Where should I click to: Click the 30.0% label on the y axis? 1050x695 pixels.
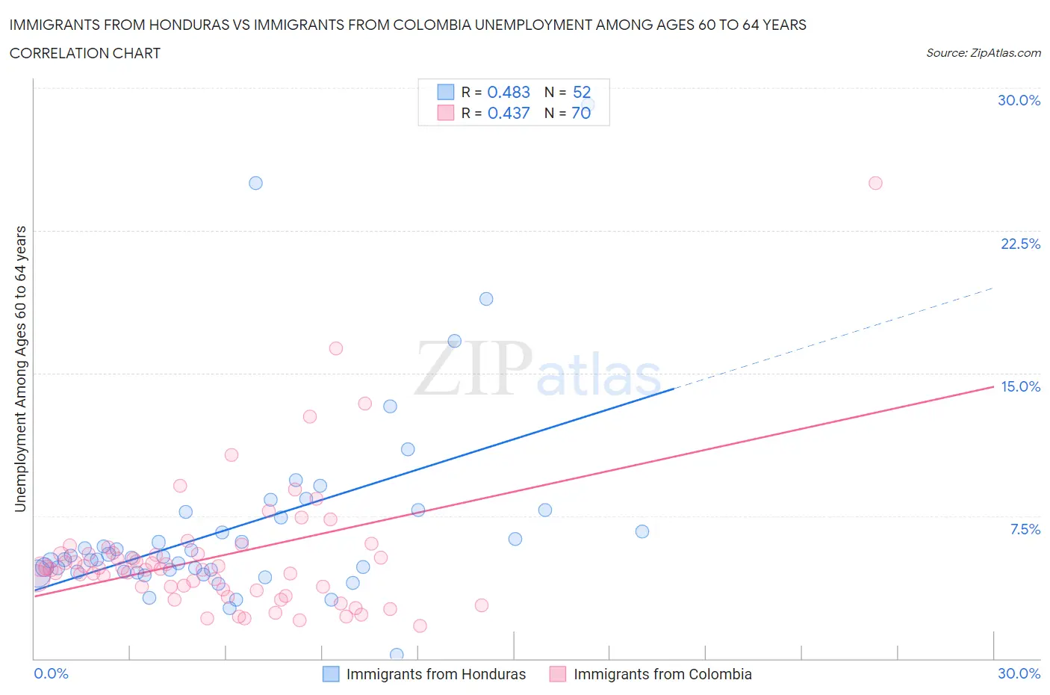pyautogui.click(x=1019, y=100)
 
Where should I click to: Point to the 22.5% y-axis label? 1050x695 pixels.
pyautogui.click(x=1020, y=244)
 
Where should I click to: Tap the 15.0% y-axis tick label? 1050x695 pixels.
pyautogui.click(x=1020, y=386)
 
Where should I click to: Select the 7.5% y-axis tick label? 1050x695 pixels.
pyautogui.click(x=1025, y=529)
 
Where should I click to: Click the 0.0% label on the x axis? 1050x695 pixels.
pyautogui.click(x=51, y=673)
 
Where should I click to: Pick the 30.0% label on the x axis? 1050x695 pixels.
pyautogui.click(x=1019, y=673)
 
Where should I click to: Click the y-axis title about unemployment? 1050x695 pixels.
pyautogui.click(x=20, y=368)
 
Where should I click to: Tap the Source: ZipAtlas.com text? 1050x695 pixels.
pyautogui.click(x=983, y=53)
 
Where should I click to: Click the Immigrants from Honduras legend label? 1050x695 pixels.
pyautogui.click(x=436, y=674)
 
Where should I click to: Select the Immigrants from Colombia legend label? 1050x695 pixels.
pyautogui.click(x=662, y=674)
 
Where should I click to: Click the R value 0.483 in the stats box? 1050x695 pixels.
pyautogui.click(x=509, y=92)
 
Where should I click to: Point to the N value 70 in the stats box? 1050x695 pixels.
pyautogui.click(x=581, y=113)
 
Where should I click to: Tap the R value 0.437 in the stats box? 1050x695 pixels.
pyautogui.click(x=509, y=113)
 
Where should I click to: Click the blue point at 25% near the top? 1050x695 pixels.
pyautogui.click(x=255, y=183)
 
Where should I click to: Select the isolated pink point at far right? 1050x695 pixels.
pyautogui.click(x=875, y=183)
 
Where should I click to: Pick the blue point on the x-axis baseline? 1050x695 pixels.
pyautogui.click(x=397, y=655)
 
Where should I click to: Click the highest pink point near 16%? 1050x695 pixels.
pyautogui.click(x=336, y=348)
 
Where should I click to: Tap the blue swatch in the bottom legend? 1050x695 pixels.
pyautogui.click(x=331, y=674)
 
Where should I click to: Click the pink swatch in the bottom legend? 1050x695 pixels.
pyautogui.click(x=558, y=674)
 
